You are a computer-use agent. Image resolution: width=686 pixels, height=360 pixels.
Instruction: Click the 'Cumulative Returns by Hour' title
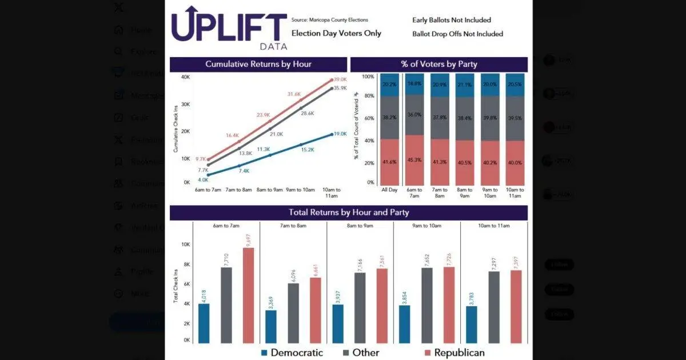[x=258, y=64]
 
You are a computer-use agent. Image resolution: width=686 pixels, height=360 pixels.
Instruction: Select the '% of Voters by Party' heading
[x=439, y=64]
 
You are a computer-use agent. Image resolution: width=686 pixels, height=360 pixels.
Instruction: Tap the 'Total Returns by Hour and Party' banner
[x=349, y=213]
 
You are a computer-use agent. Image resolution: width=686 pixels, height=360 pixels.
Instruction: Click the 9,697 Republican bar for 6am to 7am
[x=249, y=295]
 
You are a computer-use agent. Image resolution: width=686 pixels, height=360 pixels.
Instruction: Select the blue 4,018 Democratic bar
[x=204, y=323]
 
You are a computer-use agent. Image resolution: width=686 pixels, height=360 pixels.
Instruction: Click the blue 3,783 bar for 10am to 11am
[x=472, y=324]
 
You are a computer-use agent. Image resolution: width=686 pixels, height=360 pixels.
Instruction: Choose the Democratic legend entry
[x=292, y=353]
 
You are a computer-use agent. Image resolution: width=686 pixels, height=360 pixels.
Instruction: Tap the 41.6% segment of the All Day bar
[x=389, y=162]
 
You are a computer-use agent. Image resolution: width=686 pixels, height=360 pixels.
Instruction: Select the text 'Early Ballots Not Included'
[x=452, y=21]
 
